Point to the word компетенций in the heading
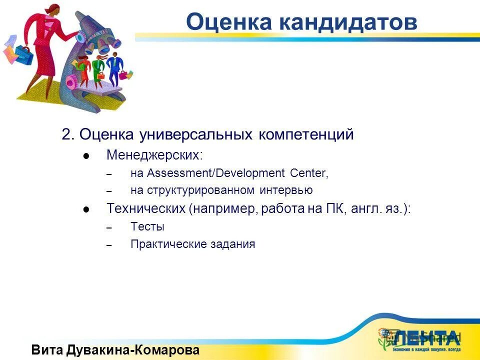306,135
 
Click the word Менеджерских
154,155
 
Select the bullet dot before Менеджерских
86,156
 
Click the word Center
308,173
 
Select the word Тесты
147,227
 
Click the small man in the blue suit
114,67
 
